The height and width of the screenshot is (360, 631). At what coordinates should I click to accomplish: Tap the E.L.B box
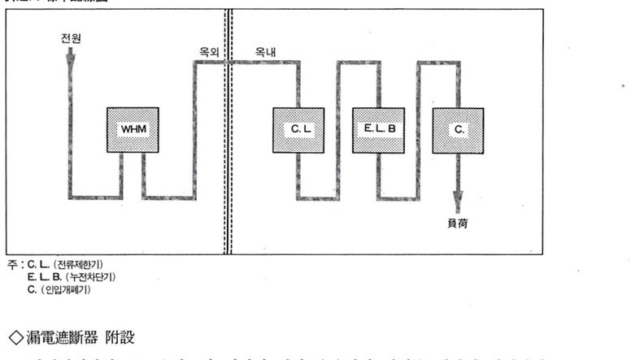coord(378,130)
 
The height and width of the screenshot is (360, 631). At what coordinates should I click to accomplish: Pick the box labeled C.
coord(458,130)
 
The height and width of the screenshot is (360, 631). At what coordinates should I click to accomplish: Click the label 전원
coord(71,38)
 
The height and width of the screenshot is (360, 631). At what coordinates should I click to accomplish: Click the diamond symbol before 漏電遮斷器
coord(12,332)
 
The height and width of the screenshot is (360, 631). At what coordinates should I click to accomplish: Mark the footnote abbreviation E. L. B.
coord(41,277)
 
